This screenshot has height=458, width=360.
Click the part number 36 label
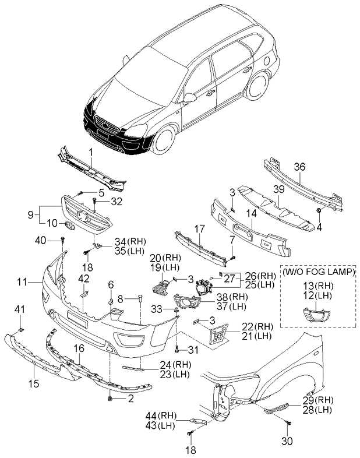(299, 167)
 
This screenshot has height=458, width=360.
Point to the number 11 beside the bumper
(21, 282)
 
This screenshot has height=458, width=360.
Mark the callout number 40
(40, 240)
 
